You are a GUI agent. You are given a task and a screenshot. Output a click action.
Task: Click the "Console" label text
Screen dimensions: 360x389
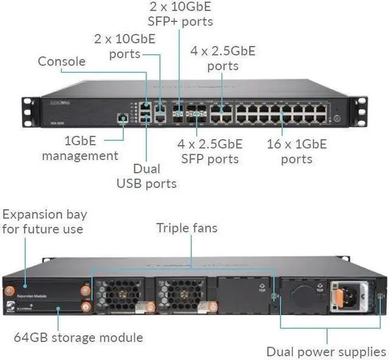tap(61, 61)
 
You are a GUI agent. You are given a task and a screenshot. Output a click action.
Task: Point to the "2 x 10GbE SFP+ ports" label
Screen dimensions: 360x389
tap(181, 14)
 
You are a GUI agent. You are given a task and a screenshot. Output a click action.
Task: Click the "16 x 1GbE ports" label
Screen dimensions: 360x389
tap(297, 151)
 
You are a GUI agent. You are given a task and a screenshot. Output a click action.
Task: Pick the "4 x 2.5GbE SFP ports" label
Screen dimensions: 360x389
tap(210, 151)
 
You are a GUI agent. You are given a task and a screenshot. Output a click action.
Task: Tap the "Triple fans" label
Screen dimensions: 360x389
tap(187, 228)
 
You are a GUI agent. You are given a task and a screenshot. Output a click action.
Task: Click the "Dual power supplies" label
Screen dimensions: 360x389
tap(326, 351)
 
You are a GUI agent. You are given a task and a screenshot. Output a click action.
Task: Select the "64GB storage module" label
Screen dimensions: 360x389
tap(78, 337)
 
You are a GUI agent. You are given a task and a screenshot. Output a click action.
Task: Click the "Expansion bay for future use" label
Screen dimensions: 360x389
tap(44, 222)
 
